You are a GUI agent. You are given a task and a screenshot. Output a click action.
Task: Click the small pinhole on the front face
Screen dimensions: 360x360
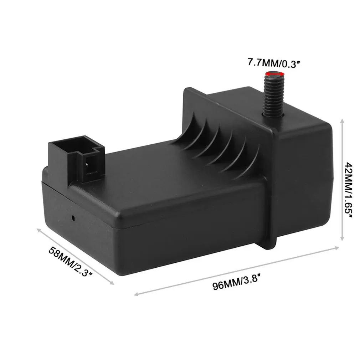pos(73,217)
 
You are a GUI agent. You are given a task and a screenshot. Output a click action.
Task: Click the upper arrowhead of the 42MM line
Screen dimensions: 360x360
pos(342,121)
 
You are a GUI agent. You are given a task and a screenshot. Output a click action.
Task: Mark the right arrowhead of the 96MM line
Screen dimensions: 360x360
pos(339,247)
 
